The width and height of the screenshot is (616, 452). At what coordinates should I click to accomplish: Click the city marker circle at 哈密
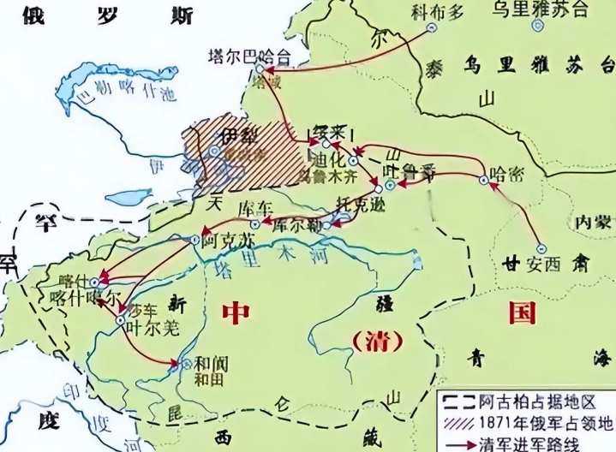pyautogui.click(x=483, y=181)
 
